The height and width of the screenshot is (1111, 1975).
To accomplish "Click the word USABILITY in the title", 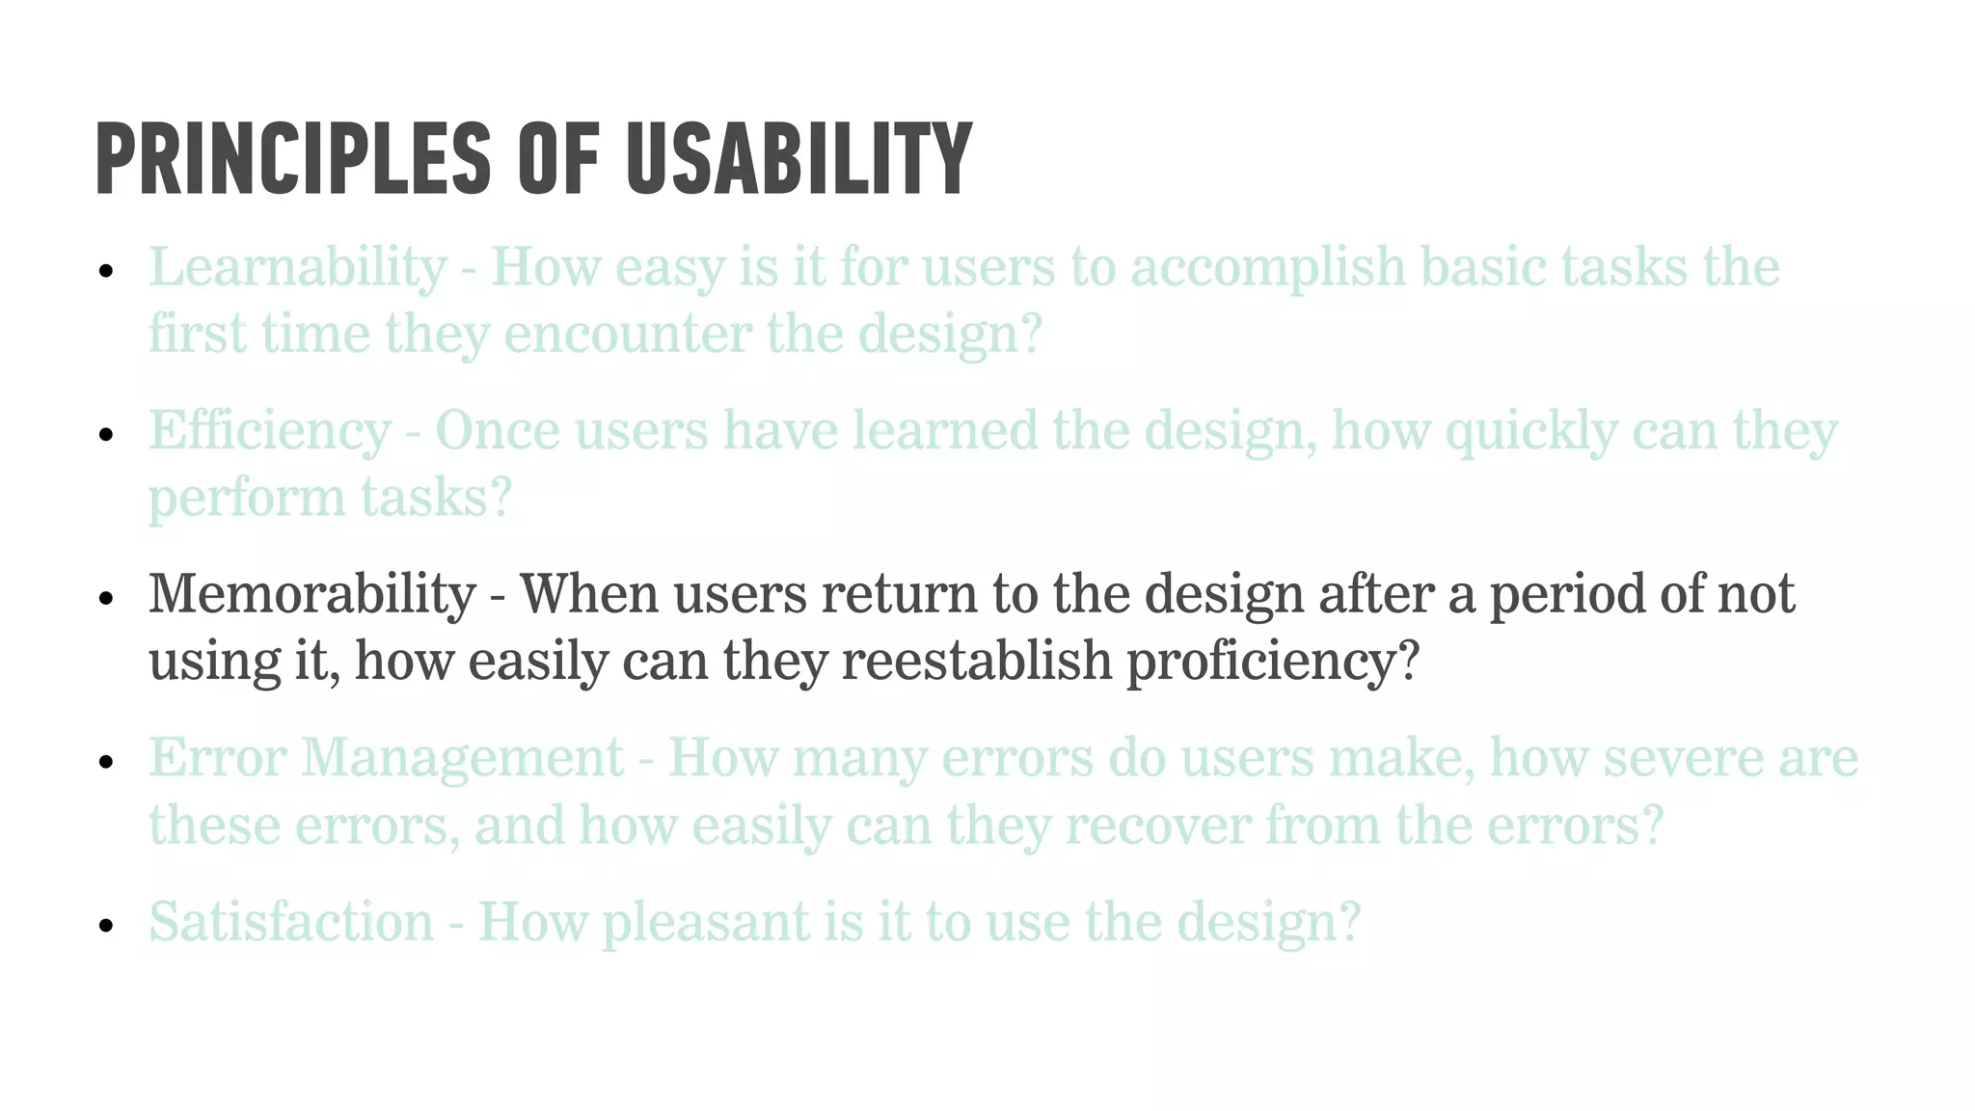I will point(798,158).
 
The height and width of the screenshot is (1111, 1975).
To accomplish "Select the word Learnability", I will point(297,267).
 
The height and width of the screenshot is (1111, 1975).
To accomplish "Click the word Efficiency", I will point(269,431).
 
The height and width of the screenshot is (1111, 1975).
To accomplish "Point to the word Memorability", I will point(311,594).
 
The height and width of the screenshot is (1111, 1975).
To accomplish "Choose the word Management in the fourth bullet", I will point(463,758).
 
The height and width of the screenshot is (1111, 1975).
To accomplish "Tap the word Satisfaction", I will point(290,922).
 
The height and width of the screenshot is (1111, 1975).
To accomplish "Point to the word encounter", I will point(628,335).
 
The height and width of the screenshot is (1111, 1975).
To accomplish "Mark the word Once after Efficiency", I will point(498,431).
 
